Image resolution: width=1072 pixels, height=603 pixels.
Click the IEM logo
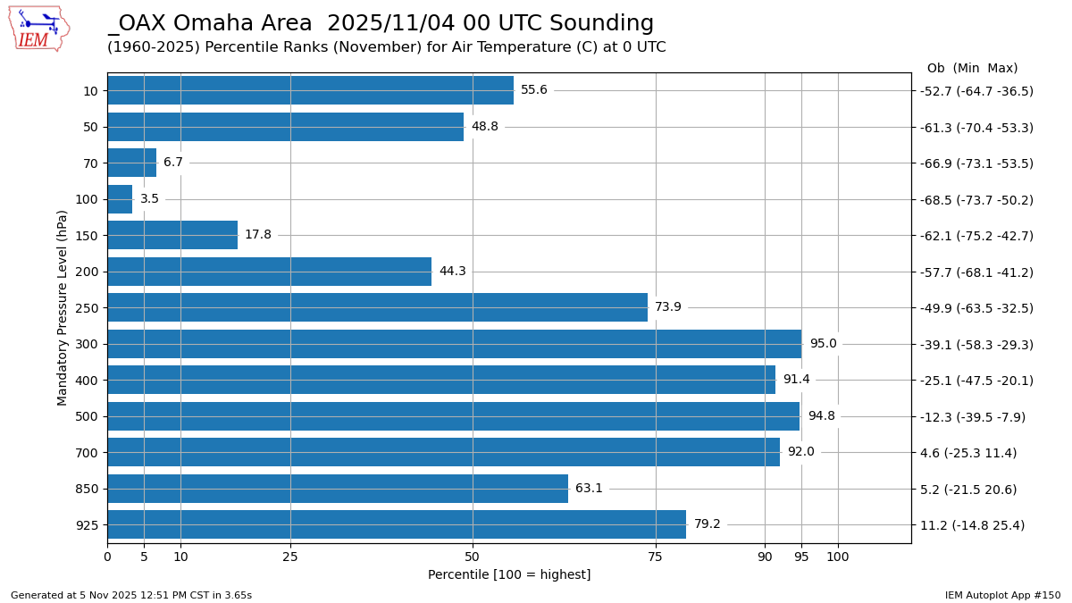(38, 29)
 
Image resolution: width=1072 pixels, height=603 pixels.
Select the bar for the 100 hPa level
(120, 199)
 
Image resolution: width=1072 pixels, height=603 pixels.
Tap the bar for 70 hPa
(131, 163)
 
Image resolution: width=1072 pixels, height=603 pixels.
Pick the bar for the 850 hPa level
(338, 489)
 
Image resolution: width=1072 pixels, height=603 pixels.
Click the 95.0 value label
(823, 344)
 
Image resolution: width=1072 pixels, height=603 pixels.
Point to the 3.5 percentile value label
(149, 199)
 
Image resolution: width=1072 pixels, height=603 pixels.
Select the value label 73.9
(667, 307)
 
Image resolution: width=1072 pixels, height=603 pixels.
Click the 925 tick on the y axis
(87, 525)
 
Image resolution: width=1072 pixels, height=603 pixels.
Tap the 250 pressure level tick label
(87, 308)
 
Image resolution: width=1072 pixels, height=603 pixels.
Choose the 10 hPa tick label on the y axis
(90, 91)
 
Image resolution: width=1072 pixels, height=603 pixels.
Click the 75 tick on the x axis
(656, 557)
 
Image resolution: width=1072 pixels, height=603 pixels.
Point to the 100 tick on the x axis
(838, 557)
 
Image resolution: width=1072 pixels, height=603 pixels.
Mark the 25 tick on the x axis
(290, 557)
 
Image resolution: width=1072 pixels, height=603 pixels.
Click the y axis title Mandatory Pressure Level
(63, 307)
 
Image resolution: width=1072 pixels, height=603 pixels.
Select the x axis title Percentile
(509, 575)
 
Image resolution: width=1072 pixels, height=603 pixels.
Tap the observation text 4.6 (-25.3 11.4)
(968, 453)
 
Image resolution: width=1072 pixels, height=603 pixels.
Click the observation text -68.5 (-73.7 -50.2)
(976, 200)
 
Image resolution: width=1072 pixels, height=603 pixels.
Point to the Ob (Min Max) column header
(972, 69)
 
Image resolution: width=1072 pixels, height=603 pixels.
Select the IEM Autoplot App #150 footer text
(1002, 595)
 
